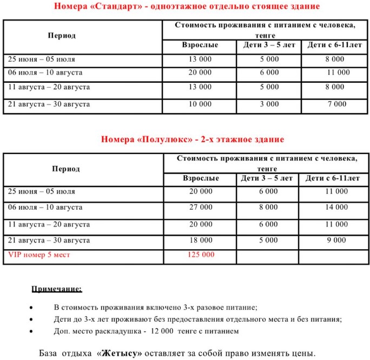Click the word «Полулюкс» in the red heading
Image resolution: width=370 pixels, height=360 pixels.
point(165,139)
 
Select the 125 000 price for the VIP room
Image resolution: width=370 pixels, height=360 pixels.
point(201,254)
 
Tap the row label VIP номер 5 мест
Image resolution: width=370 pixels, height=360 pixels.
point(38,254)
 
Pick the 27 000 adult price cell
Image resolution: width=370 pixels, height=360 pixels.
point(201,207)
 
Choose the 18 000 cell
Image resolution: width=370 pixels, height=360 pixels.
point(201,239)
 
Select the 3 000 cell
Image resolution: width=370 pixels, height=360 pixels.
point(268,104)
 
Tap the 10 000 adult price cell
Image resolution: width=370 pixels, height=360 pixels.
point(200,104)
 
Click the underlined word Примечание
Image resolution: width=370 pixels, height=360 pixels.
point(56,289)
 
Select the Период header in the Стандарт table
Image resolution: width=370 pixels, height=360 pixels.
point(62,36)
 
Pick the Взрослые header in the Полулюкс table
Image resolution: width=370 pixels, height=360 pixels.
point(201,178)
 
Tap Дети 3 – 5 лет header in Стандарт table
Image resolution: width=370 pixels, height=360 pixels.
point(268,45)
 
